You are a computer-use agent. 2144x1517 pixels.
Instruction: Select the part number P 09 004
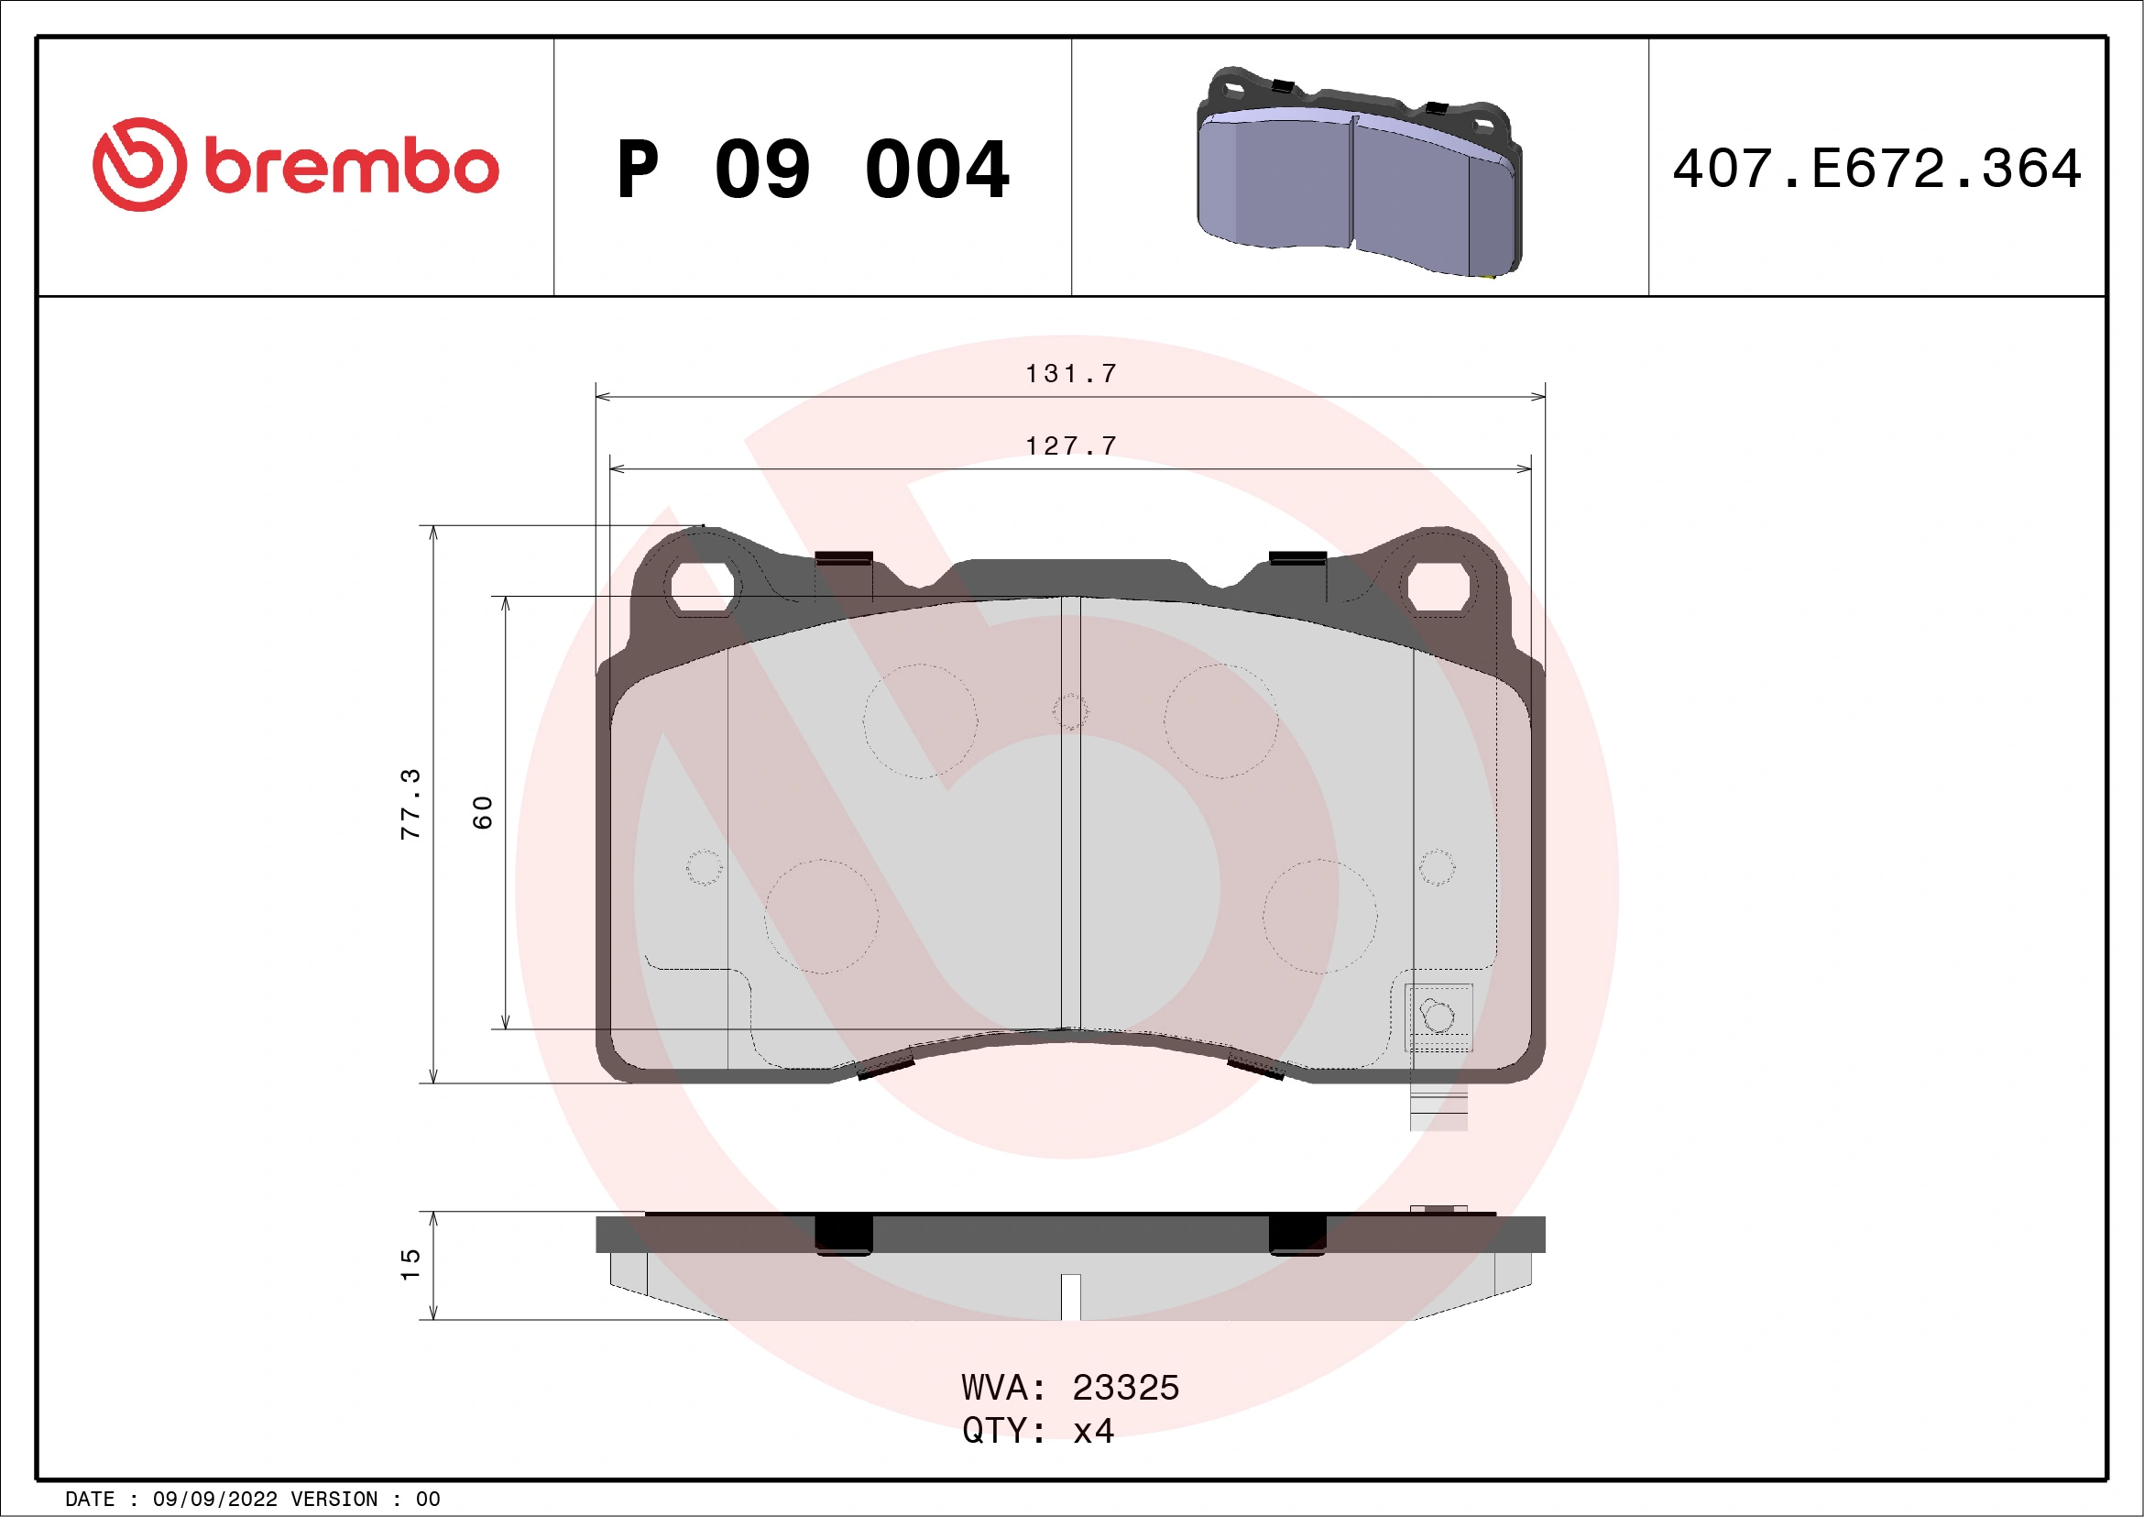point(813,170)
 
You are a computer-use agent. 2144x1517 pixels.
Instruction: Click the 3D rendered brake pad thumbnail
point(1359,173)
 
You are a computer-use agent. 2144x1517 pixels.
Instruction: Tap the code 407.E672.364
point(1877,169)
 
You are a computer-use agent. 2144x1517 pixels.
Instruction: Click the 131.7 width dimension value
point(1071,374)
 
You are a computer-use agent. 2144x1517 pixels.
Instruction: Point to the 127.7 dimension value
point(1071,445)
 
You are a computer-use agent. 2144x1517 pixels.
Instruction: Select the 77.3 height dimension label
point(410,804)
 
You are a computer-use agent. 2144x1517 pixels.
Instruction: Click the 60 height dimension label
point(482,812)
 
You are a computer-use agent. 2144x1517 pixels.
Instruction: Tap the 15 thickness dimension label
point(410,1265)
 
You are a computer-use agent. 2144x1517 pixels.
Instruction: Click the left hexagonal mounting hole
point(702,588)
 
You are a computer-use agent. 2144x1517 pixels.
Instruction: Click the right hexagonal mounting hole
point(1438,588)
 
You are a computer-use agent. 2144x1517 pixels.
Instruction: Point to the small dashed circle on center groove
point(1070,711)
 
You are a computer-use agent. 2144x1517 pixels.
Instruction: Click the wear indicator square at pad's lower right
point(1438,1016)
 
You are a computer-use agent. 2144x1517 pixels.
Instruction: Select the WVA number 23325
point(1125,1388)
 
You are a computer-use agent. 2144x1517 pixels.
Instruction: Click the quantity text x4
point(1093,1431)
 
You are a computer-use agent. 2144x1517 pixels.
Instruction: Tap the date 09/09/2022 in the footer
point(214,1500)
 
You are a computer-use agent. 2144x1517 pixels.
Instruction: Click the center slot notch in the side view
point(1071,1296)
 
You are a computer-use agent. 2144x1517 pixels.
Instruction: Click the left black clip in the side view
point(843,1234)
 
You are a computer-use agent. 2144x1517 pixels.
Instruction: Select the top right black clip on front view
point(1297,557)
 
